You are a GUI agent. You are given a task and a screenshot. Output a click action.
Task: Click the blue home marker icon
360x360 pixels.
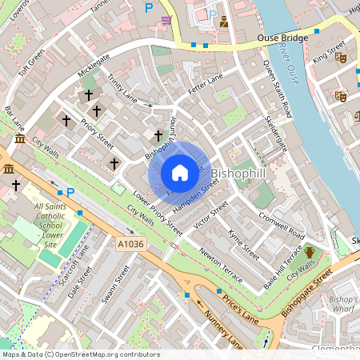tap(180, 173)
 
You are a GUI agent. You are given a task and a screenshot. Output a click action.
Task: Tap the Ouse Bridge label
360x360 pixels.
tap(283, 38)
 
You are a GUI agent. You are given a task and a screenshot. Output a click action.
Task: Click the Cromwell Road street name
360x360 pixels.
tap(282, 226)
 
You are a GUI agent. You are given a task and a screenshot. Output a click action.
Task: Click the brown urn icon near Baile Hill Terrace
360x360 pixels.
tap(310, 254)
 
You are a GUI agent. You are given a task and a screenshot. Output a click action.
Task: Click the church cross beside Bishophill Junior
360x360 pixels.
tap(158, 136)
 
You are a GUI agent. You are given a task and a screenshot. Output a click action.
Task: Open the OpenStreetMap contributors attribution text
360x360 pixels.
tap(80, 354)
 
